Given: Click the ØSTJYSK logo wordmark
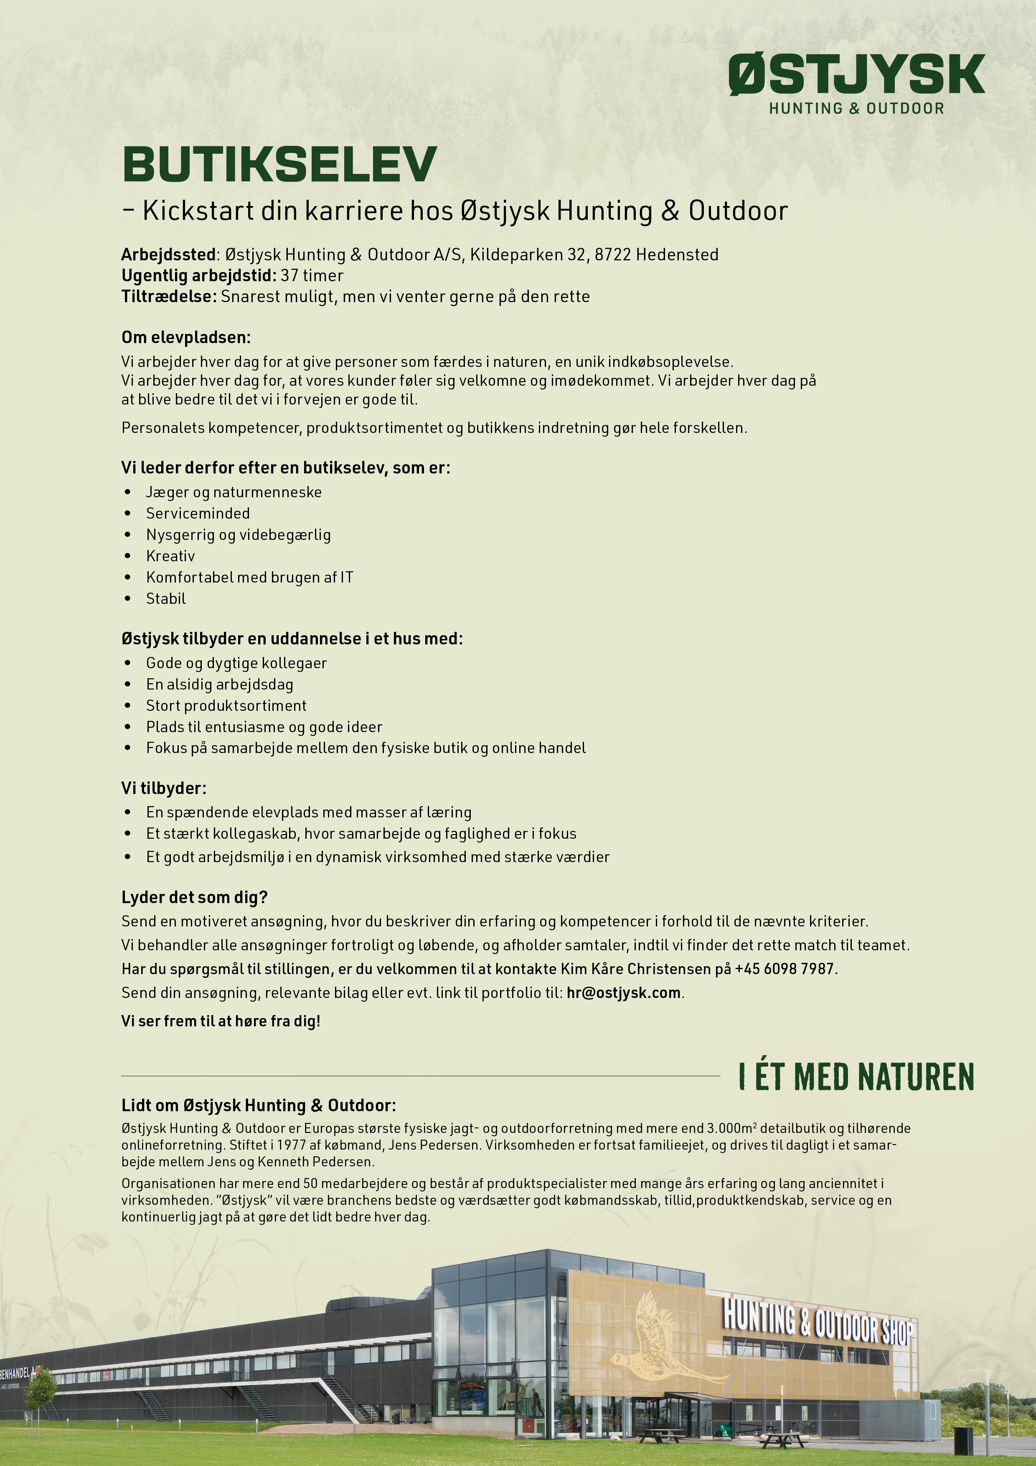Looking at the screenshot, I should tap(857, 75).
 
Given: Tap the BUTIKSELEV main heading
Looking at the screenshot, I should tap(279, 164).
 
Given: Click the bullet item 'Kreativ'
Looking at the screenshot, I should tap(170, 556).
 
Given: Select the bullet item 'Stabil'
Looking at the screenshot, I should tap(166, 599).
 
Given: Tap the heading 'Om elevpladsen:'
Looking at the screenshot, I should tap(186, 337).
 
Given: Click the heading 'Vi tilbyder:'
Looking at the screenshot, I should tap(164, 789).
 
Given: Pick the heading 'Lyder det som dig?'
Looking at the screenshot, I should tap(195, 898).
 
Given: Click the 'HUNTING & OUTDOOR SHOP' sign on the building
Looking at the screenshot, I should tap(818, 1322).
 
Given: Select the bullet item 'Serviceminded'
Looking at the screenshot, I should tap(198, 513).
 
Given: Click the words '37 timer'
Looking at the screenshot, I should tap(312, 276).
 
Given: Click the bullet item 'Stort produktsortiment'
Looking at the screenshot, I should tap(226, 705).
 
